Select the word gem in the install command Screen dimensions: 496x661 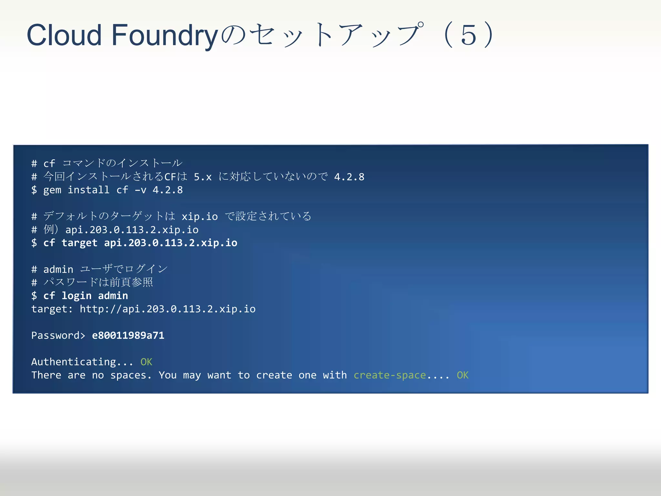52,190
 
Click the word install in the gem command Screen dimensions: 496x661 88,190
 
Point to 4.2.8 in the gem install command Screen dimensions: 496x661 168,190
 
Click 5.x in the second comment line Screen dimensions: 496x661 202,177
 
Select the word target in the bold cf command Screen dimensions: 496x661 79,243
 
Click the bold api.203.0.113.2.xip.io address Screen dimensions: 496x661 170,243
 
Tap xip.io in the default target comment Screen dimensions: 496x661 199,217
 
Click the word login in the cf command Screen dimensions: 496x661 76,296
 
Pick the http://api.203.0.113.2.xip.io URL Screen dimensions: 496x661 168,309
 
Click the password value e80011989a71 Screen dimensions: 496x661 128,336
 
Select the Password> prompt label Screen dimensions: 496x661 58,336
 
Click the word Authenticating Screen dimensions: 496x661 73,362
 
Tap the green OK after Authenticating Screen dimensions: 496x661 146,362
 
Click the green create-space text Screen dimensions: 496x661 390,375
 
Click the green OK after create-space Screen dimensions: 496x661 463,375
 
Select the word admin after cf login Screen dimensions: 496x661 113,296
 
